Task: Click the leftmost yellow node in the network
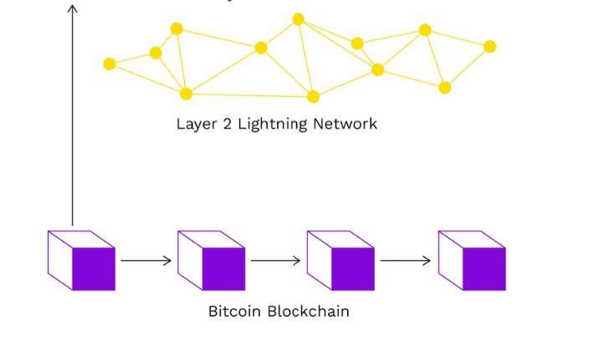[110, 64]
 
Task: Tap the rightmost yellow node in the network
[490, 47]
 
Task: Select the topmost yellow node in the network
[299, 19]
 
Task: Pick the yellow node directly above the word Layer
[187, 94]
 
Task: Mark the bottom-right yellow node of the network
[445, 87]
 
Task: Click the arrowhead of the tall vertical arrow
[73, 8]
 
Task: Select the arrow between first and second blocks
[146, 260]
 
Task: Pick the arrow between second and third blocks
[276, 260]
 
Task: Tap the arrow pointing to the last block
[406, 260]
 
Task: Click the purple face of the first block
[94, 269]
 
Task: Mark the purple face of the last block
[484, 269]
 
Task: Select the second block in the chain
[212, 260]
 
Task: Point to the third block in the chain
[341, 260]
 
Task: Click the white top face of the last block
[472, 239]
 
